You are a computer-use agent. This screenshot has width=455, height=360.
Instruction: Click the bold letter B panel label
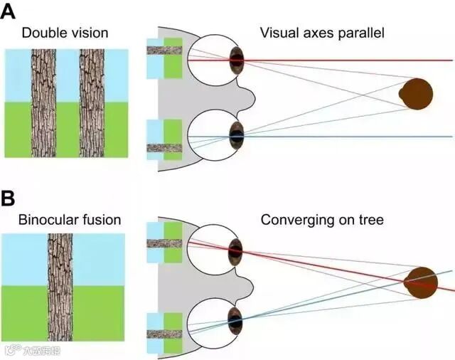9,198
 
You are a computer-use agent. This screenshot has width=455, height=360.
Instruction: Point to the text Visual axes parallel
322,33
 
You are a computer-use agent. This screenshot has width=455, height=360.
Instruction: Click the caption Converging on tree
322,220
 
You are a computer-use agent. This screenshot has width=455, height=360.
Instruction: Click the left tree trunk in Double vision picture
43,103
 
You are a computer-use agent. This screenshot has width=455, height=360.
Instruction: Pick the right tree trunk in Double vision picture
92,103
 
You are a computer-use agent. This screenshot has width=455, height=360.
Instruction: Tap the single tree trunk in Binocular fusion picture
60,288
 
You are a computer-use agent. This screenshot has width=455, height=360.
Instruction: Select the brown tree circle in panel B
421,282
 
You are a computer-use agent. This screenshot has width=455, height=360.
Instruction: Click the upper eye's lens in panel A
237,60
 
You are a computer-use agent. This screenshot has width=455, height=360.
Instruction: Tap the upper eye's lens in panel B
235,250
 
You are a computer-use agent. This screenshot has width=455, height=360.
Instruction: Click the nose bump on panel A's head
249,97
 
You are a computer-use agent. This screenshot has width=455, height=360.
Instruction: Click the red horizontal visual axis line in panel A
341,60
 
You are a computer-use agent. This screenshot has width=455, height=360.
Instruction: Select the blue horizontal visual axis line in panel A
341,136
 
